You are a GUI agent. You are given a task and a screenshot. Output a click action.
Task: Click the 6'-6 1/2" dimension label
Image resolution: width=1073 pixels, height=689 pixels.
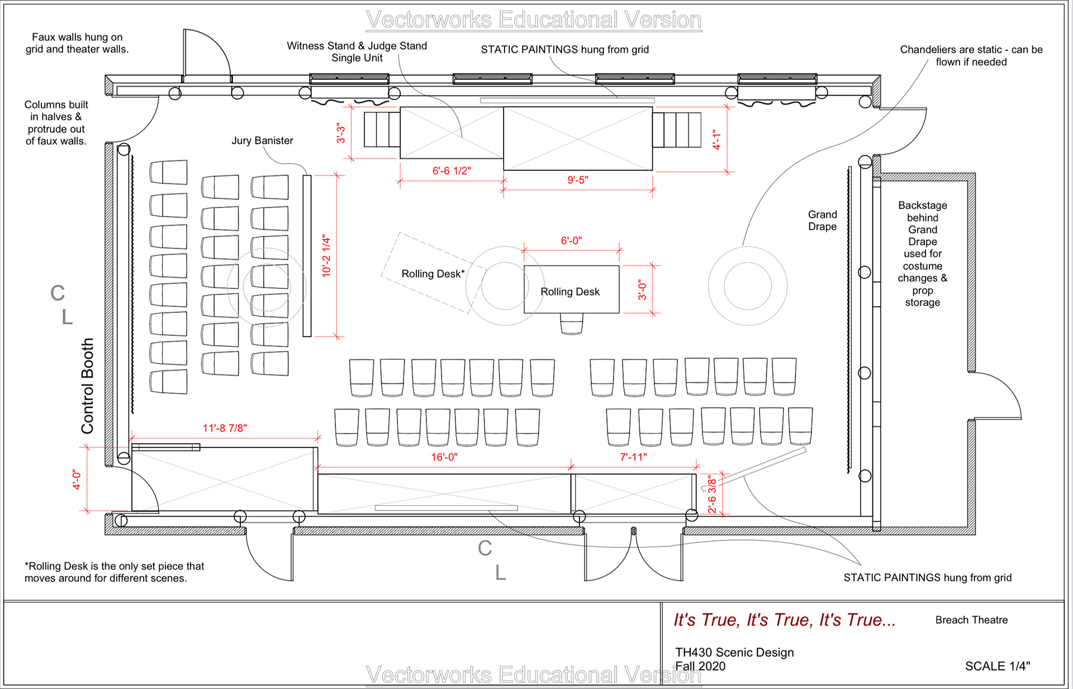(x=452, y=171)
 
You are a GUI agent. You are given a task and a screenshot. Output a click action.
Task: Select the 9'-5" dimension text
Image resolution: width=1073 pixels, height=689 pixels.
(x=578, y=180)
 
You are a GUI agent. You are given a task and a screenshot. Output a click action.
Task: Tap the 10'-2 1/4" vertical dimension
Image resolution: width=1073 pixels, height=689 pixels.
(x=326, y=256)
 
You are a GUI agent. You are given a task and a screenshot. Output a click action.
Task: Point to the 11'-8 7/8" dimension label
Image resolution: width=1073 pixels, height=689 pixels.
(x=225, y=428)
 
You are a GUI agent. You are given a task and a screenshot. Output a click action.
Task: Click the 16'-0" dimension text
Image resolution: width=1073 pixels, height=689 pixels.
(x=444, y=457)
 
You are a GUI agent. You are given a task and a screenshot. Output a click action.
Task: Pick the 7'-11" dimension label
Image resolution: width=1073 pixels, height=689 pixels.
(x=634, y=457)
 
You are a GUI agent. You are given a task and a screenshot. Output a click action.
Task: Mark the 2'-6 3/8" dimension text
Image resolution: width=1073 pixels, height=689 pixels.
(x=712, y=494)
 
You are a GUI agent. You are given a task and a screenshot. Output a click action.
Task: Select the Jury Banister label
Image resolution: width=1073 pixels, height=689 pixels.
(x=263, y=141)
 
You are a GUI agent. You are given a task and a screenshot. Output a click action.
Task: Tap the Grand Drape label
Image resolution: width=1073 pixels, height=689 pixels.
(x=823, y=221)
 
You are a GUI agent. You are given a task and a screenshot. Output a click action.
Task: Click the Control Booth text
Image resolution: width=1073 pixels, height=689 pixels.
(x=87, y=386)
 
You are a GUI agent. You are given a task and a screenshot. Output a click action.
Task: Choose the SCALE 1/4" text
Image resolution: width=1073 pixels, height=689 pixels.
(x=998, y=666)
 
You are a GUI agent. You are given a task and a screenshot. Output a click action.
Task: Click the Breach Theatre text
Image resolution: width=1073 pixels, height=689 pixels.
(x=972, y=620)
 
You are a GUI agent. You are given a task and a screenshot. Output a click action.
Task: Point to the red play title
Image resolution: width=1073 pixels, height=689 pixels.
(x=785, y=620)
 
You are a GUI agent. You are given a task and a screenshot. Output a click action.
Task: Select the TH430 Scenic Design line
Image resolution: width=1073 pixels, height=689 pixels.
(x=734, y=652)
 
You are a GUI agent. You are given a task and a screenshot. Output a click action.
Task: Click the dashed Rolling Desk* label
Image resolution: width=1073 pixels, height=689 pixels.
(x=433, y=274)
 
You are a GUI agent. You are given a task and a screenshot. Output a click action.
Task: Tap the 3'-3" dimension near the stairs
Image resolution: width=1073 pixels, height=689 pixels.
(x=341, y=134)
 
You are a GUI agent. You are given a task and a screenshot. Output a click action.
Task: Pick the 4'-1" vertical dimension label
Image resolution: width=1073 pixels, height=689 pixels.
(x=717, y=140)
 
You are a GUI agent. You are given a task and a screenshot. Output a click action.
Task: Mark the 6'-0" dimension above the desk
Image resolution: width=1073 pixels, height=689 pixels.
(x=571, y=241)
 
